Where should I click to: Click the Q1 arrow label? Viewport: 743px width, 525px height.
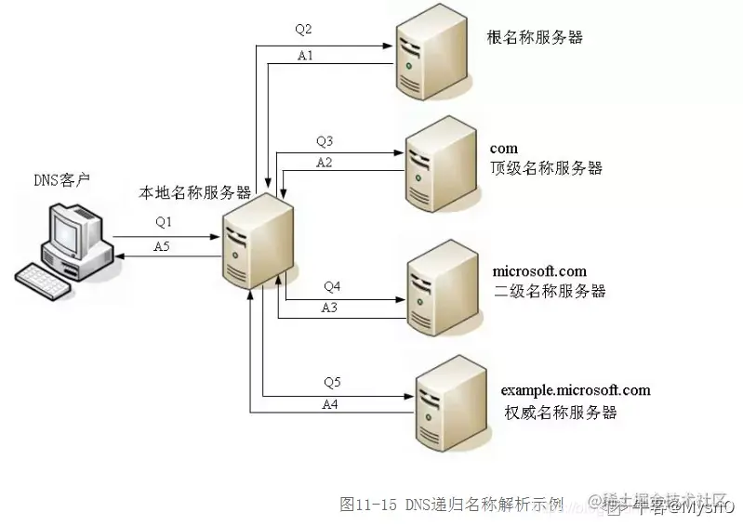164,222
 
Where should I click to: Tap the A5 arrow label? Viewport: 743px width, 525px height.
162,246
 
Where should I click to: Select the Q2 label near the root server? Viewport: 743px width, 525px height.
304,29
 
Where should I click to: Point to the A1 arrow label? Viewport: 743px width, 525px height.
305,56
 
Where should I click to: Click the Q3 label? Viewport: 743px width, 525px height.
325,141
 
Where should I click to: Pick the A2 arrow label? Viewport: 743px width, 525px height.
325,162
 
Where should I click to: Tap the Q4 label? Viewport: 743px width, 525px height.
332,285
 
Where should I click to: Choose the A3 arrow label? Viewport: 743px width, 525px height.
330,307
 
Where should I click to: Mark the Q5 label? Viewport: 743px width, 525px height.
332,382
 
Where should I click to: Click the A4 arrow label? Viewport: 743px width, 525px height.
330,404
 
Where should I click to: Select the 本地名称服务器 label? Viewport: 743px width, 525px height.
195,193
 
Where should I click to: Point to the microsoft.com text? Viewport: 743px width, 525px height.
539,271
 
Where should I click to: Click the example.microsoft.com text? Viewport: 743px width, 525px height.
576,390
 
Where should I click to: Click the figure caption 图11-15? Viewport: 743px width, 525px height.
369,505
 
